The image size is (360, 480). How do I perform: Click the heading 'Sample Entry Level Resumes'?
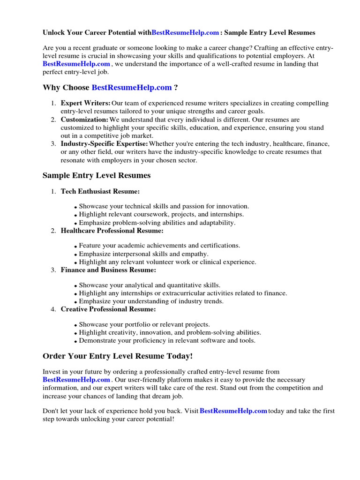97,175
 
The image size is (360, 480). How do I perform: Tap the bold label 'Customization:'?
84,120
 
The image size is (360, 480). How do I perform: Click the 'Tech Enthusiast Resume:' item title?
100,191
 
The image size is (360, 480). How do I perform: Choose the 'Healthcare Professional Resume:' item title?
112,231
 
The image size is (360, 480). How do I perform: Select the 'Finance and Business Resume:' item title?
108,270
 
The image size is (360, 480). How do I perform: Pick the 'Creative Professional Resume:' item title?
108,309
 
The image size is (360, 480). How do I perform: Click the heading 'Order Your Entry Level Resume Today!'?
118,356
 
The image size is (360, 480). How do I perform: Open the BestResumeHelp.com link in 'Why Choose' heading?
132,88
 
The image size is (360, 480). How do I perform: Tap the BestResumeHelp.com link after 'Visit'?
233,411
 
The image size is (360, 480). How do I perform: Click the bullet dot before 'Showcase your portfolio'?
76,325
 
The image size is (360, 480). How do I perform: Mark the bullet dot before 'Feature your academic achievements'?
76,247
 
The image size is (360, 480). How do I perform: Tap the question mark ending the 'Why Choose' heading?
176,88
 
